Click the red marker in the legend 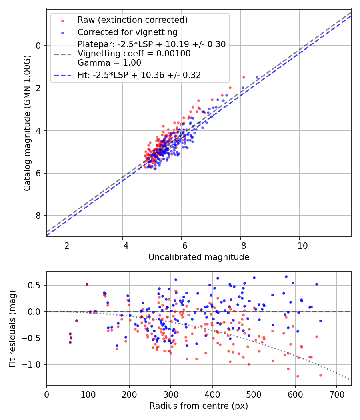tap(62, 21)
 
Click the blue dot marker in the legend tap(62, 33)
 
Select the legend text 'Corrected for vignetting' tap(128, 32)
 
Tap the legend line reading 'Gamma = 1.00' tap(109, 63)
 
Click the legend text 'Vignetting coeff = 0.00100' tap(134, 53)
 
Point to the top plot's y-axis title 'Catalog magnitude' tap(27, 123)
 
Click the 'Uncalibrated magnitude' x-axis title tap(199, 257)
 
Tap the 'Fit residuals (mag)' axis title tap(12, 329)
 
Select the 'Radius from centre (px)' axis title tap(199, 406)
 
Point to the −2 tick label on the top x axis tap(64, 246)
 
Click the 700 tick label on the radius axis tap(336, 394)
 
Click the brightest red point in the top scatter tap(244, 78)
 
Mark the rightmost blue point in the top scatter tap(257, 78)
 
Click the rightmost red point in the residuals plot tap(320, 375)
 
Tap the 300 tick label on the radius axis tap(171, 394)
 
